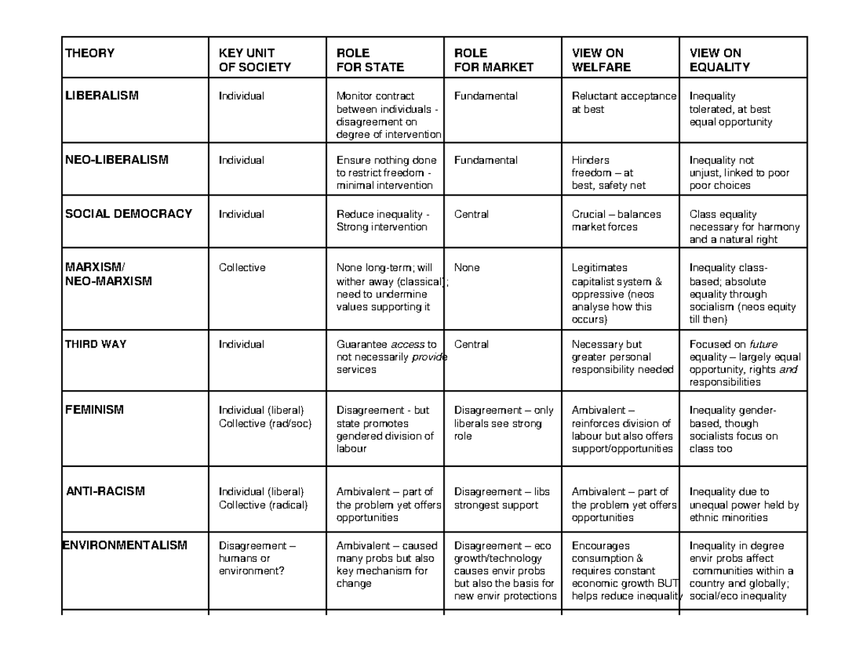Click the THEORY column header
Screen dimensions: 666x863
click(90, 53)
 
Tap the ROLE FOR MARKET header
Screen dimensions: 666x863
click(493, 60)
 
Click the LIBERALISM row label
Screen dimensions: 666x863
click(101, 96)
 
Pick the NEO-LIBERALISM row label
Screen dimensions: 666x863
click(117, 160)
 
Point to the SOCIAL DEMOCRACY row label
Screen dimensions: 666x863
click(129, 214)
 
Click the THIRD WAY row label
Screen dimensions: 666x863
click(96, 344)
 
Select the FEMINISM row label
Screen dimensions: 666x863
click(94, 410)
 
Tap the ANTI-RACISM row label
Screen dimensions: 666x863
click(106, 492)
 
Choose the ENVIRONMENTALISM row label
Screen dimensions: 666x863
click(126, 545)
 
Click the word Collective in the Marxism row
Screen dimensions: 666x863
click(242, 268)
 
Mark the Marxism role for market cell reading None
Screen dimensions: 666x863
click(467, 268)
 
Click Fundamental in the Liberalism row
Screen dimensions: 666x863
click(485, 96)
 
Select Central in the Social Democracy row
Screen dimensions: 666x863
click(471, 214)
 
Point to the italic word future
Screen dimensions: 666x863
click(763, 345)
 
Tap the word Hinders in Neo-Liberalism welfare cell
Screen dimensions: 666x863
click(590, 160)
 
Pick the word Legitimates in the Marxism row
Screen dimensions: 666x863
click(599, 268)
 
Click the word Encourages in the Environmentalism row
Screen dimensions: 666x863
click(601, 546)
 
